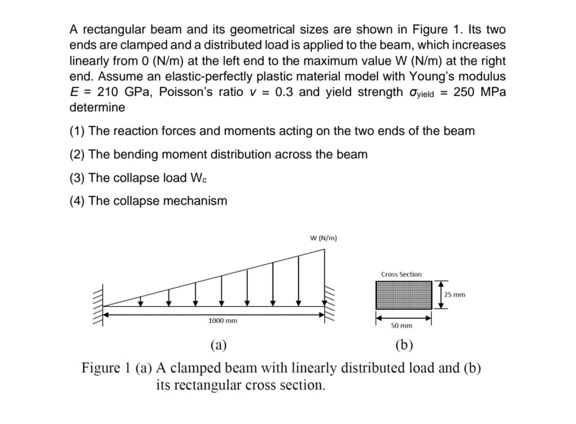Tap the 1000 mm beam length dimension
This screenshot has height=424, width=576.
pyautogui.click(x=222, y=321)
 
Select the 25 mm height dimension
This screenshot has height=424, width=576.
pyautogui.click(x=454, y=294)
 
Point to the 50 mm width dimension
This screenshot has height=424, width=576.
pyautogui.click(x=402, y=325)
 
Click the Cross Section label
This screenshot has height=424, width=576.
pyautogui.click(x=401, y=274)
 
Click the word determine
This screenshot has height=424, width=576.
pyautogui.click(x=97, y=107)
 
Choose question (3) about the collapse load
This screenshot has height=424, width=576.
pyautogui.click(x=138, y=178)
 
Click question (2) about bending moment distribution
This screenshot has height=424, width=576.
pyautogui.click(x=219, y=154)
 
